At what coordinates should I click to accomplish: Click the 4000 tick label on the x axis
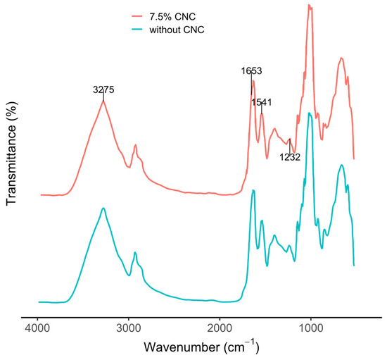(x=37, y=329)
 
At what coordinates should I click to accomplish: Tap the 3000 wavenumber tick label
(x=129, y=329)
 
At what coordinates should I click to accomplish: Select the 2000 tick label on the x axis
(x=220, y=329)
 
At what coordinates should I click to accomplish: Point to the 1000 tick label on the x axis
(x=311, y=329)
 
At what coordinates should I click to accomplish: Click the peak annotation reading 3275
(x=103, y=89)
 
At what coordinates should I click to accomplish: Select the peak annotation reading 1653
(x=251, y=71)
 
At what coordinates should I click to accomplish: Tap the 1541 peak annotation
(x=262, y=102)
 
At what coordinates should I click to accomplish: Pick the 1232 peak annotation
(x=290, y=157)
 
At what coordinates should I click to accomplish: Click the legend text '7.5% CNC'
(x=172, y=17)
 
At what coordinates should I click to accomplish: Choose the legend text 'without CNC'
(x=177, y=30)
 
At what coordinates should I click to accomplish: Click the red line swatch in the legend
(x=137, y=16)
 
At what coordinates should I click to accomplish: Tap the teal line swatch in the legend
(x=137, y=30)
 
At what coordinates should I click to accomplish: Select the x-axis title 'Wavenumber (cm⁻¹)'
(x=201, y=347)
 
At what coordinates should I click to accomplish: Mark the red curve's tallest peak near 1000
(x=308, y=5)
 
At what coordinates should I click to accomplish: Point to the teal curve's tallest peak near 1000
(x=309, y=113)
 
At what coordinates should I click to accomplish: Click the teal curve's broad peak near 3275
(x=103, y=209)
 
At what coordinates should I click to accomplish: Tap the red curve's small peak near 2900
(x=135, y=145)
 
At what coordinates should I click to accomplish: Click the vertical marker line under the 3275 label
(x=103, y=96)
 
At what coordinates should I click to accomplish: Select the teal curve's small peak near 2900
(x=135, y=252)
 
